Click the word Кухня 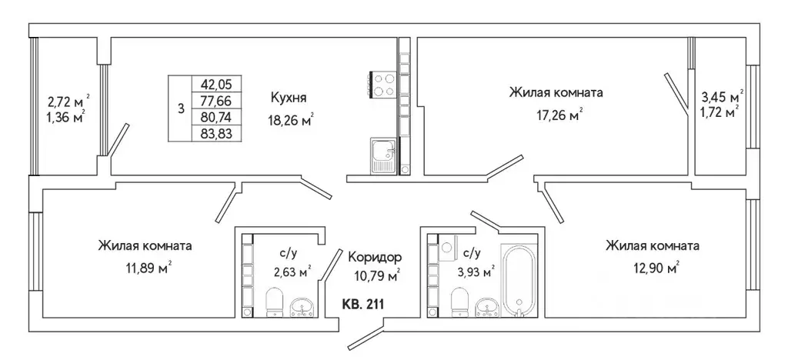pos(289,98)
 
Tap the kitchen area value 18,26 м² pos(292,120)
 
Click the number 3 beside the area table pos(181,108)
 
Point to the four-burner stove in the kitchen pos(385,85)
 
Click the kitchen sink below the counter pos(382,156)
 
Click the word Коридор pos(375,257)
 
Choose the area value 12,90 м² pos(653,268)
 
